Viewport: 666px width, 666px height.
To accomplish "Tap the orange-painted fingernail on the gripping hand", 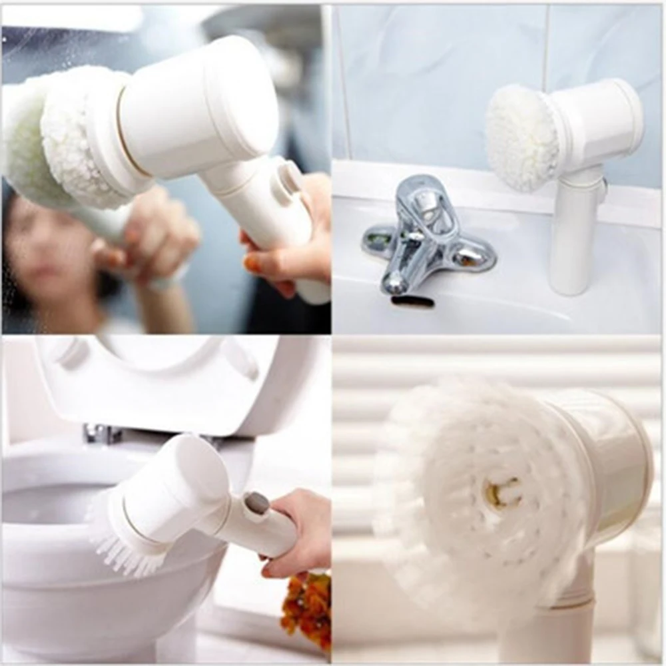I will (x=252, y=264).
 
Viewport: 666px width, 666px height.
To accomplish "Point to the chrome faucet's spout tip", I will (x=395, y=285).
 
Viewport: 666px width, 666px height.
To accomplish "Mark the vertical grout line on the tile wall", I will (x=544, y=47).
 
